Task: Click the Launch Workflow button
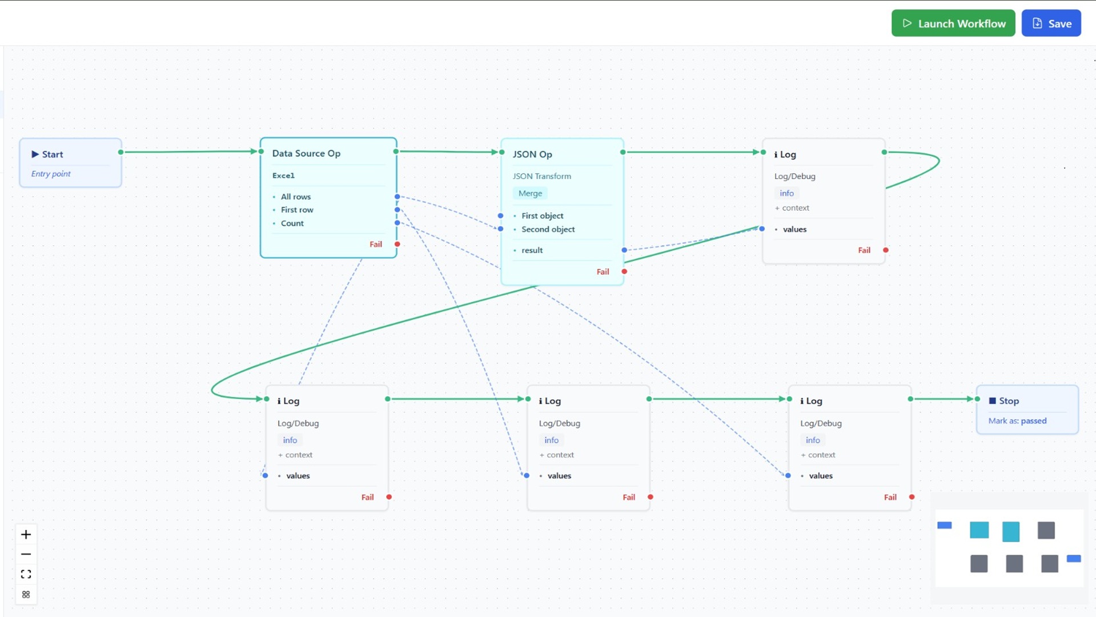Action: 953,23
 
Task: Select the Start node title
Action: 52,154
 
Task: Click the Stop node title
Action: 1008,401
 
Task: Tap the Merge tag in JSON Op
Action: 530,193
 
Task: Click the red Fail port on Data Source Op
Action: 398,245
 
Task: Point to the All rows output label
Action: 295,197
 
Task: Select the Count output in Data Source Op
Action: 292,223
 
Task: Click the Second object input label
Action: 548,229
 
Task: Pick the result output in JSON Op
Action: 532,250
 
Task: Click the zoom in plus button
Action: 26,535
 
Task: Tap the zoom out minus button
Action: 26,554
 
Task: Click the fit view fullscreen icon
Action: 26,574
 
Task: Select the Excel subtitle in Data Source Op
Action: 283,175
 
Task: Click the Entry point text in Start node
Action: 51,174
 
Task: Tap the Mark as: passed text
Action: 1017,421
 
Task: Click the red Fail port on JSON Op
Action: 624,272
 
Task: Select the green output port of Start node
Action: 121,152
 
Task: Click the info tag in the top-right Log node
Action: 786,193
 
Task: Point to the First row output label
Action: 296,210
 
